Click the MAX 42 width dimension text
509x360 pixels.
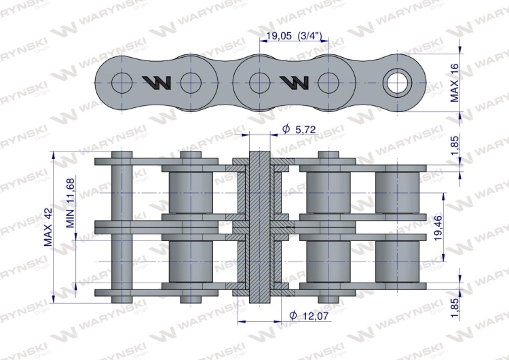[x=48, y=228]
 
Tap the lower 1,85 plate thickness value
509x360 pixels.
[x=455, y=306]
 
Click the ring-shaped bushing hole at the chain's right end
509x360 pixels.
[x=397, y=83]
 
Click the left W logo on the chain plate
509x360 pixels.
[x=156, y=83]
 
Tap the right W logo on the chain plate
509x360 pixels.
[x=294, y=83]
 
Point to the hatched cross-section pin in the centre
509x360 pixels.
[x=260, y=228]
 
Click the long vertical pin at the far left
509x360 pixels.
[x=120, y=228]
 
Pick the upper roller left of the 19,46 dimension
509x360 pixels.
[x=397, y=191]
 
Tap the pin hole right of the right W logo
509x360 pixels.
[x=328, y=83]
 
